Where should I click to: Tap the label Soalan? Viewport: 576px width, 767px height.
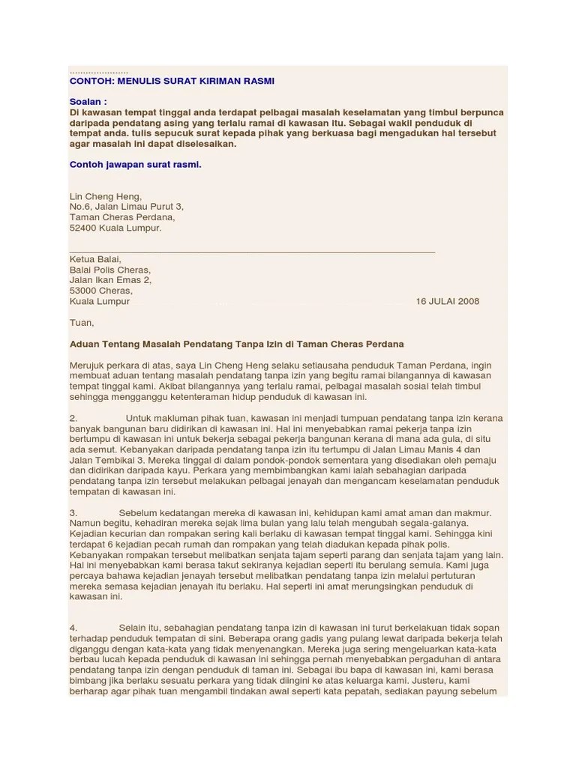click(x=88, y=101)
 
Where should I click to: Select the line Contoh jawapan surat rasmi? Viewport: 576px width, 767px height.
click(x=135, y=164)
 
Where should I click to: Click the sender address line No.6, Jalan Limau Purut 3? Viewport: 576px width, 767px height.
click(x=126, y=206)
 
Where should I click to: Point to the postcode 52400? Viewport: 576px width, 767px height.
click(x=84, y=228)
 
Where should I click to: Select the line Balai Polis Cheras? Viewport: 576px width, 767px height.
click(x=109, y=270)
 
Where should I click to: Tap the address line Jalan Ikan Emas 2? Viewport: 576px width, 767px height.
click(x=110, y=280)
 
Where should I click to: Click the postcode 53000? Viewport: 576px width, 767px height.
click(x=84, y=291)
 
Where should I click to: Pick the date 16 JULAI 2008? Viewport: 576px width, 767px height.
click(x=447, y=301)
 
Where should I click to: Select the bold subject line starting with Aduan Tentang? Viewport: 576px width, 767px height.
click(x=236, y=344)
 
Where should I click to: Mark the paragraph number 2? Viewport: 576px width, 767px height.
click(x=73, y=417)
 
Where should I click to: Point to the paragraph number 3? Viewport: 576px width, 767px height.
click(x=73, y=512)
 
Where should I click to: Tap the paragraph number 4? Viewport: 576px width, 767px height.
click(x=73, y=627)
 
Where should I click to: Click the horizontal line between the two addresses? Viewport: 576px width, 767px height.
click(x=252, y=250)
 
